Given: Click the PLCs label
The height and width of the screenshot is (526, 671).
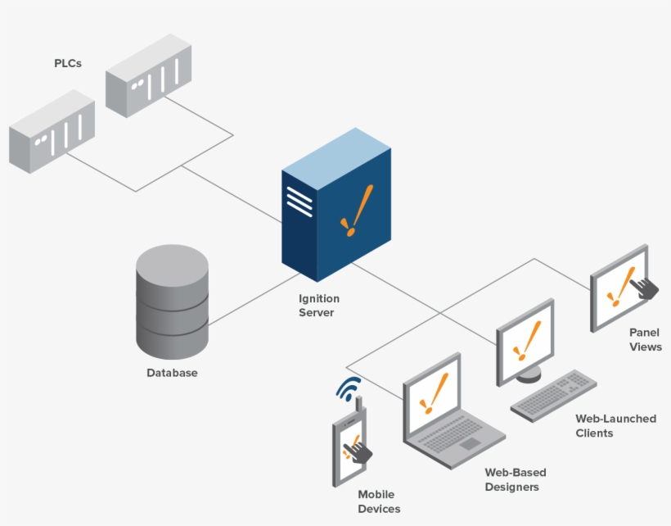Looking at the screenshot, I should [x=68, y=63].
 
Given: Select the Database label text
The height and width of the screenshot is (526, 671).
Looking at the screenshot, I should [x=172, y=373].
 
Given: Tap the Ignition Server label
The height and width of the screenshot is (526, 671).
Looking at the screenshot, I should [x=318, y=306].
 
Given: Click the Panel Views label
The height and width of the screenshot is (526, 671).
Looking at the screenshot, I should [x=645, y=339].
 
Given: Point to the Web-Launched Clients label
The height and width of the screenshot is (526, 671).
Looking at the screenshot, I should [x=615, y=425].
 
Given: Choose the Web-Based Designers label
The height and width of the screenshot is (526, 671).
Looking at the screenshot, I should [x=515, y=479].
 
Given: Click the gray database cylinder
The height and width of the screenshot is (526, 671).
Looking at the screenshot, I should [x=172, y=303].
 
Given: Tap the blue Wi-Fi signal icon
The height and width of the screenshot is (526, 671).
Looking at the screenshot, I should [x=349, y=388].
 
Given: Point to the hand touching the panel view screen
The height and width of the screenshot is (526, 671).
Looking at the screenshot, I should [x=646, y=287].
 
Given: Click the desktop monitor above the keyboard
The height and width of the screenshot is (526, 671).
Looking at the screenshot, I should [x=525, y=340].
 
